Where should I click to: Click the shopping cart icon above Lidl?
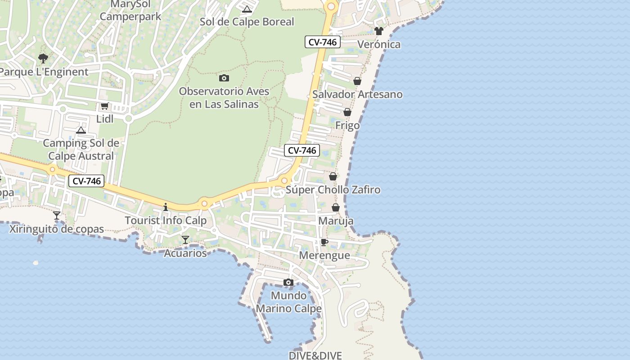[x=105, y=106]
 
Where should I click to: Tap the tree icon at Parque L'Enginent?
[x=43, y=58]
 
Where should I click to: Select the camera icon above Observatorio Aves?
[x=224, y=78]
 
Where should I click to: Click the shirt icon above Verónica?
[x=378, y=31]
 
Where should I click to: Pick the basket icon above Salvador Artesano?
[x=357, y=81]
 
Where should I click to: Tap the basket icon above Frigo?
[x=347, y=112]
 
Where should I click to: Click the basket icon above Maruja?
[x=336, y=207]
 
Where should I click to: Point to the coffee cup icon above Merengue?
[x=324, y=243]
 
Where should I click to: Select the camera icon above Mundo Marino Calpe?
[x=288, y=283]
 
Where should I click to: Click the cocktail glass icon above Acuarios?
[x=185, y=240]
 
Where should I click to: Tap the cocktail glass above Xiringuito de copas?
[x=57, y=216]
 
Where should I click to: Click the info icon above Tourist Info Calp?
[x=166, y=207]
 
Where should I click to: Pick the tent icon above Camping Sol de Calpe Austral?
[x=81, y=130]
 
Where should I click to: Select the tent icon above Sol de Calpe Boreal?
[x=247, y=9]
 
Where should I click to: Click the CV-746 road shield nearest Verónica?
[x=323, y=42]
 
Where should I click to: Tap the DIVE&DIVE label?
[x=315, y=355]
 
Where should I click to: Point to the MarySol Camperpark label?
[x=130, y=11]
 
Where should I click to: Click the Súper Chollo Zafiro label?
[x=333, y=190]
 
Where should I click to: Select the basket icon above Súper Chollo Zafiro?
[x=333, y=176]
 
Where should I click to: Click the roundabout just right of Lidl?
[x=129, y=119]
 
